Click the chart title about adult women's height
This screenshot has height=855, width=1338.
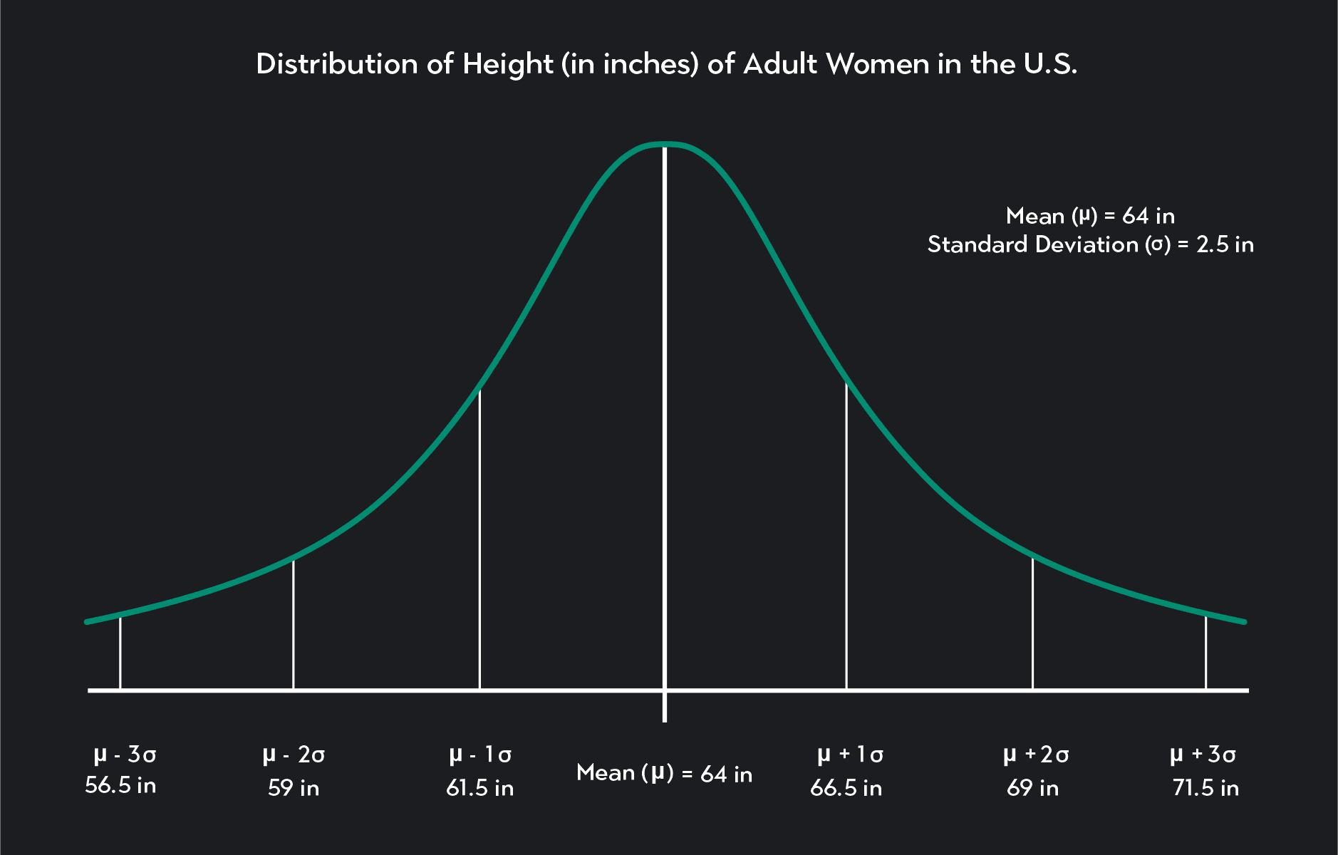(666, 64)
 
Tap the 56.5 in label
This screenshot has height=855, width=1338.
(120, 785)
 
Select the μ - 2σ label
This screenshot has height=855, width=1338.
(294, 754)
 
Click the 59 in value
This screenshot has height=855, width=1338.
(294, 787)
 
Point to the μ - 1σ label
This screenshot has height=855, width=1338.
(480, 754)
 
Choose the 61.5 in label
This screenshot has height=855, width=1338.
(480, 787)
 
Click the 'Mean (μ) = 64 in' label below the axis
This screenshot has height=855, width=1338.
(664, 773)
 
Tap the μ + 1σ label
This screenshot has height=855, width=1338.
(849, 754)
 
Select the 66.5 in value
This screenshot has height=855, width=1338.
(846, 787)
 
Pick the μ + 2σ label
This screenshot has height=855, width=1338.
(1035, 754)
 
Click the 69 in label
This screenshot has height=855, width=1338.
(1033, 787)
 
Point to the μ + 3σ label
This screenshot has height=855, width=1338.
(1203, 754)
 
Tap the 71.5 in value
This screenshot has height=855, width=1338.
(1205, 787)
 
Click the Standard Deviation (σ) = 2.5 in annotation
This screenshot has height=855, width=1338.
(1090, 244)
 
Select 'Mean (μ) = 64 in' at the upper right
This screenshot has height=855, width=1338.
(1090, 215)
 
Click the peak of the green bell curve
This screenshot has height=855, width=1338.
(665, 145)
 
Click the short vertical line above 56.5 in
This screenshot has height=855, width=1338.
(120, 652)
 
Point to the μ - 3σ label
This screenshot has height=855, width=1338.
(125, 754)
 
